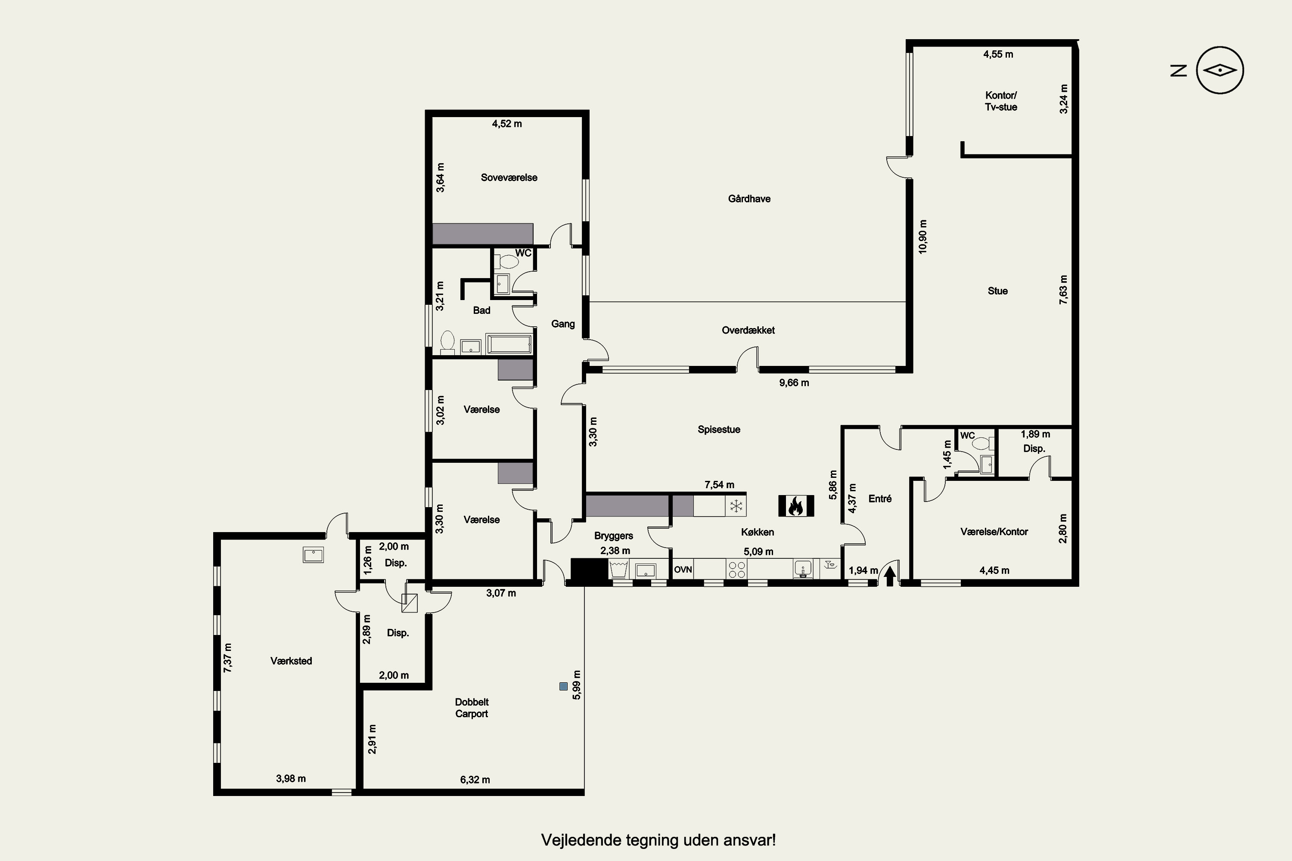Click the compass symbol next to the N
(1220, 70)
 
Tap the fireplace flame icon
(796, 506)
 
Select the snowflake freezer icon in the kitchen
(736, 506)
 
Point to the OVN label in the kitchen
(683, 570)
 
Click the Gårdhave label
(749, 199)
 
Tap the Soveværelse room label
(509, 177)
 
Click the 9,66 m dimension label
(794, 383)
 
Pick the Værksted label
(291, 661)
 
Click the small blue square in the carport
(563, 686)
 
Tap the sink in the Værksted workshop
(313, 554)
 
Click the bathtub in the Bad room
(509, 344)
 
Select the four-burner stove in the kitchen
(736, 570)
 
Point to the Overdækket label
(748, 330)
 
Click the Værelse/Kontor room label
(994, 532)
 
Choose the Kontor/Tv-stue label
(1001, 101)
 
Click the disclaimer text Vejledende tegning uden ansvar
(658, 840)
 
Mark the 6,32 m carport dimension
(475, 780)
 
